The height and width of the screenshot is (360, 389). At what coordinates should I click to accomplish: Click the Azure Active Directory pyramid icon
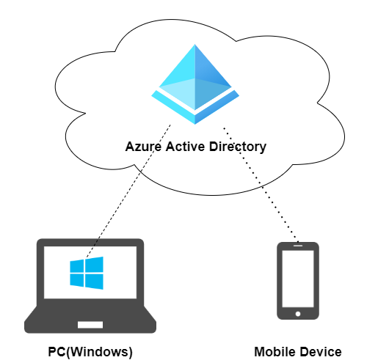point(195,84)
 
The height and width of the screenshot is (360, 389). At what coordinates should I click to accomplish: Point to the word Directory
point(238,147)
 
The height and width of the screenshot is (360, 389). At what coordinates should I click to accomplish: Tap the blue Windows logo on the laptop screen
point(87,273)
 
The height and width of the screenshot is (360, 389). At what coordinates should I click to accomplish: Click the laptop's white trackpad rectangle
point(90,325)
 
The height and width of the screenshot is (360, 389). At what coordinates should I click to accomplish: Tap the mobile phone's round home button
point(298,314)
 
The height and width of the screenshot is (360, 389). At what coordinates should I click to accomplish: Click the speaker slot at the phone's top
point(298,246)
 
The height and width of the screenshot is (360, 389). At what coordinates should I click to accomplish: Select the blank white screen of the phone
point(298,279)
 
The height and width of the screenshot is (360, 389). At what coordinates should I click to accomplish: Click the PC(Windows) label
point(90,352)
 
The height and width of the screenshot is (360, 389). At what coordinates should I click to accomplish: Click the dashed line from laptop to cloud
point(128,191)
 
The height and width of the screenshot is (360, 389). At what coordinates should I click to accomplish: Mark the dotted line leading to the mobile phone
point(261,185)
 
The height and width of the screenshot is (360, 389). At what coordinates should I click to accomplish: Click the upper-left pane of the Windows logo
point(76,266)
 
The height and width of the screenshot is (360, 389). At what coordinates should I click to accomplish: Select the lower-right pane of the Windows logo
point(94,282)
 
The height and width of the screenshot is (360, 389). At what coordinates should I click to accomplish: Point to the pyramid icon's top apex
point(195,44)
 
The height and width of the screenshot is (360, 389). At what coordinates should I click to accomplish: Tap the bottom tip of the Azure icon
point(195,124)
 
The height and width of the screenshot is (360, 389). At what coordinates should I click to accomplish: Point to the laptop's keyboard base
point(90,320)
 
